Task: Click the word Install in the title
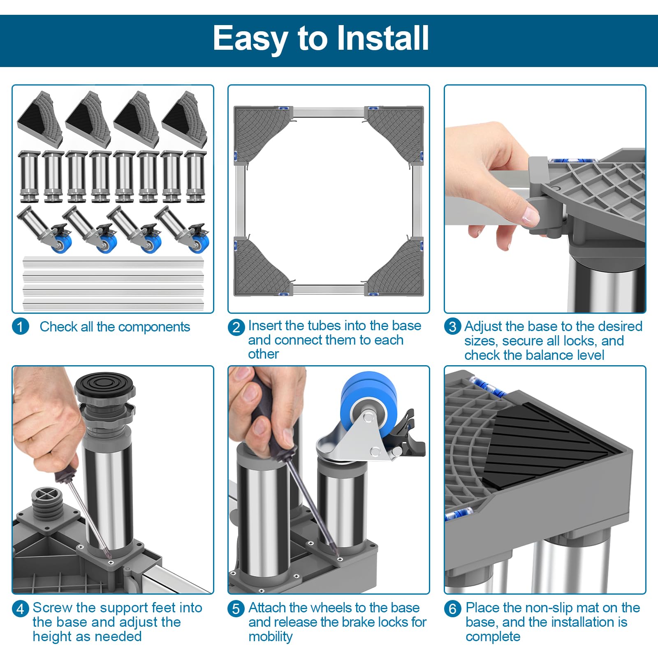[x=383, y=38]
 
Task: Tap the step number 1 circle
[x=20, y=327]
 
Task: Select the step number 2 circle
[x=236, y=327]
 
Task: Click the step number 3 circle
[x=452, y=327]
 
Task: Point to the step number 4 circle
[x=20, y=608]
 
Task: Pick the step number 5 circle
[x=236, y=608]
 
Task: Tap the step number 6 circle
[x=452, y=608]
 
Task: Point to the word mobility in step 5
[x=270, y=637]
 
